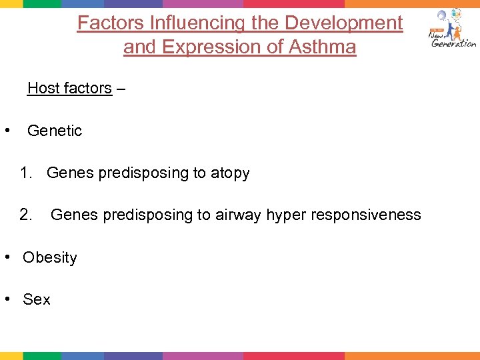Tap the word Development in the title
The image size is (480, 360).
[x=344, y=23]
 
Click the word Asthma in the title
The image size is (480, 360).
[x=323, y=48]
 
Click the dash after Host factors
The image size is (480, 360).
[x=121, y=89]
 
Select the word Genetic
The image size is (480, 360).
[x=55, y=131]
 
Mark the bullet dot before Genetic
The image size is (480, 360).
[x=7, y=130]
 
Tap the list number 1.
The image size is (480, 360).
[x=26, y=173]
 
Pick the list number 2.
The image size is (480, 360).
[x=26, y=215]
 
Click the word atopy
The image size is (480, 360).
[x=230, y=174]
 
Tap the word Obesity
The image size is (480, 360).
[x=50, y=258]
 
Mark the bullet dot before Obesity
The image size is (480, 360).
[x=7, y=257]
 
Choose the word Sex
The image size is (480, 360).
[x=37, y=300]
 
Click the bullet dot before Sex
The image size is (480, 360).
[x=7, y=299]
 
